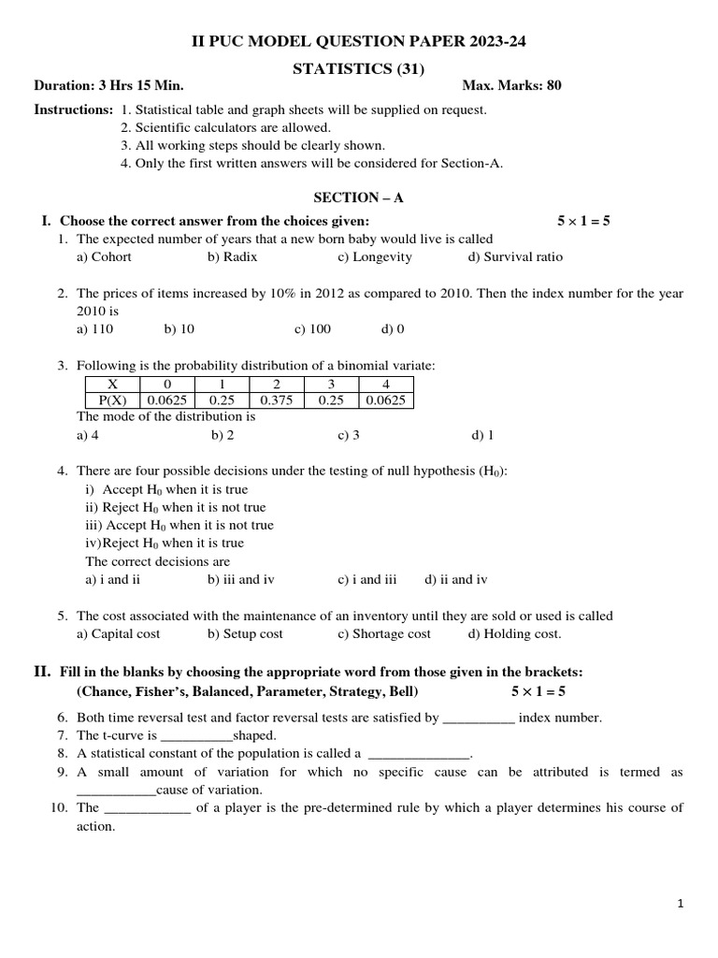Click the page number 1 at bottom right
click(x=682, y=904)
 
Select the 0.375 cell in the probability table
click(x=277, y=400)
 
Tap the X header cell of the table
click(x=113, y=384)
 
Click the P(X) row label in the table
click(x=113, y=400)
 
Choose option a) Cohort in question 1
click(x=104, y=256)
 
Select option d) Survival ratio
click(x=516, y=256)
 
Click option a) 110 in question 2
click(x=94, y=328)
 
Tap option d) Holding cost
click(x=515, y=633)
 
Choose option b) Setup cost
click(x=245, y=633)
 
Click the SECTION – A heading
click(x=358, y=197)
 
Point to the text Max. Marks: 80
click(x=512, y=86)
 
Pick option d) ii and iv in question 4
click(x=456, y=579)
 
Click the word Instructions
click(x=74, y=109)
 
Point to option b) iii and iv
click(x=241, y=579)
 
